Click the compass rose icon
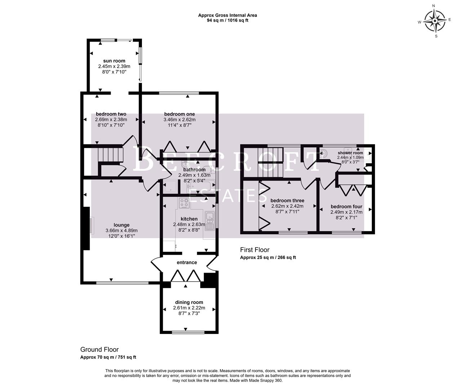(435, 21)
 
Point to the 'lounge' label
(121, 225)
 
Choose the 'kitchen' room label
(189, 219)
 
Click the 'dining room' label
(189, 302)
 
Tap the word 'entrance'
(187, 262)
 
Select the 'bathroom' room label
(194, 170)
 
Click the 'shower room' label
(350, 153)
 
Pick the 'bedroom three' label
(287, 201)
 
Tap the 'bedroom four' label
(346, 206)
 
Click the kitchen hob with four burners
(184, 204)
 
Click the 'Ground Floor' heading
(99, 349)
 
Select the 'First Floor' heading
(255, 250)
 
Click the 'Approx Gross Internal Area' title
(227, 15)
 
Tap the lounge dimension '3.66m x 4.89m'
(121, 231)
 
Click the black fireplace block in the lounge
(86, 228)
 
